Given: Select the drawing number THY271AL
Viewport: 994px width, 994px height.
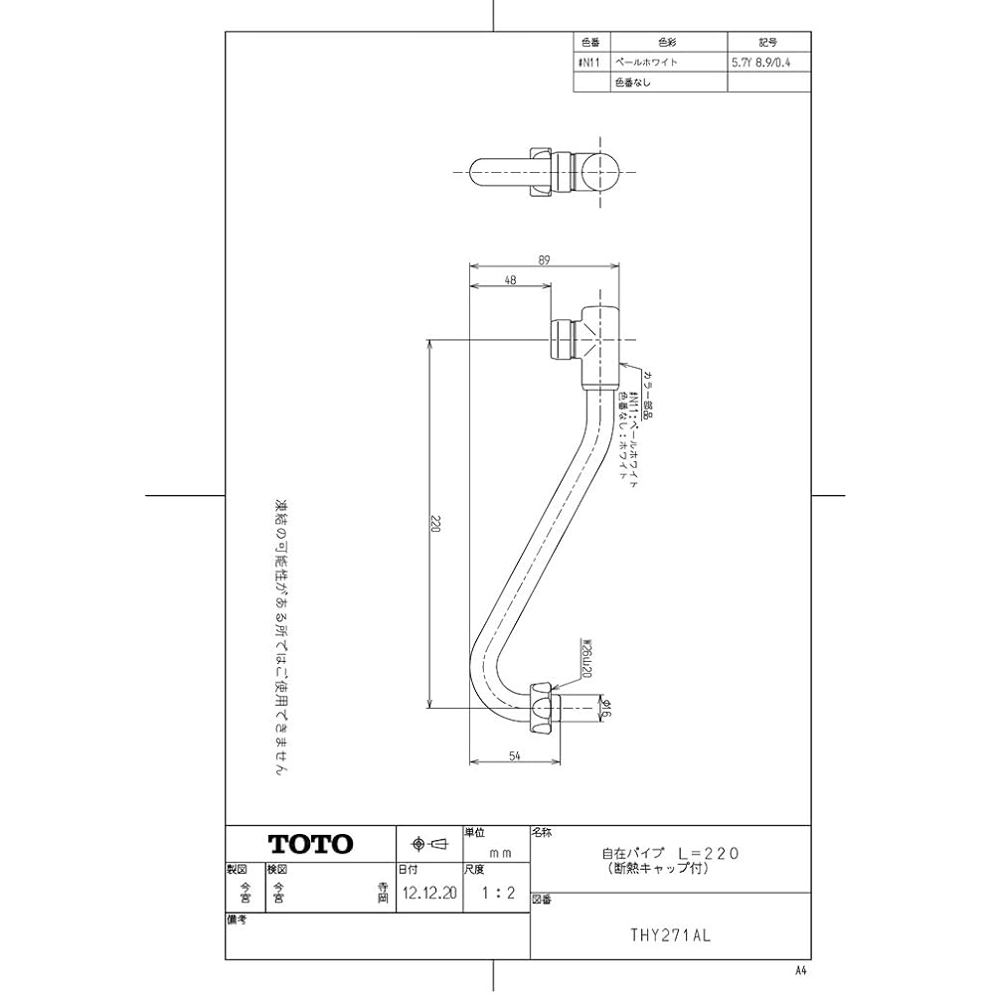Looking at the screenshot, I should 672,935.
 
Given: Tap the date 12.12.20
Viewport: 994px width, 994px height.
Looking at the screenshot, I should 430,893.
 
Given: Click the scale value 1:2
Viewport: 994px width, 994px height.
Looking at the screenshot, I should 497,893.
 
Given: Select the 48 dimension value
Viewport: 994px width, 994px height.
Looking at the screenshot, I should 510,280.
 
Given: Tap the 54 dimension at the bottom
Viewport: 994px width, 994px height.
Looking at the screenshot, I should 515,756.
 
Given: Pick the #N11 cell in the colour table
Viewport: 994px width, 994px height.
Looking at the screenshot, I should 590,63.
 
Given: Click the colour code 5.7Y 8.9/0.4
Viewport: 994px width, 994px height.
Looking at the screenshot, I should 767,63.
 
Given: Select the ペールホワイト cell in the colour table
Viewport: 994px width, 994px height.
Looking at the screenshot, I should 647,63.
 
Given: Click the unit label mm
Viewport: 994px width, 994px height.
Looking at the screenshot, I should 499,853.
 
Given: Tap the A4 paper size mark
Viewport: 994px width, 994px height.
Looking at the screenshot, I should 802,969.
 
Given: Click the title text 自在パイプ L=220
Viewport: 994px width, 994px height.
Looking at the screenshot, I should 670,853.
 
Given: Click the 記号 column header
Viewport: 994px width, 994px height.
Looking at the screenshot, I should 767,43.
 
